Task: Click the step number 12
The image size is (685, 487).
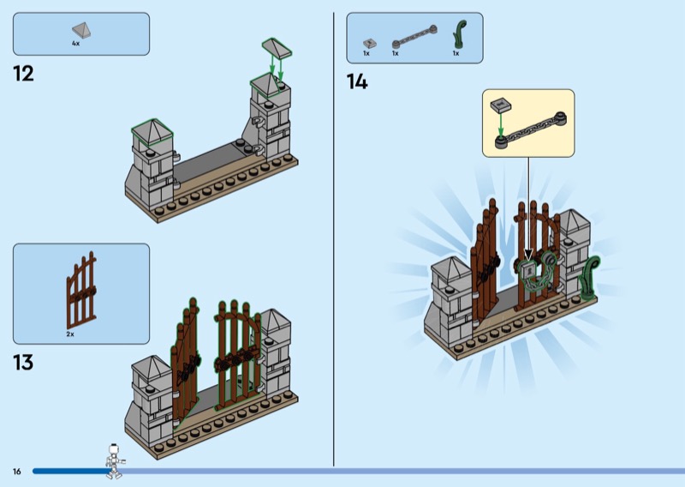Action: click(x=23, y=74)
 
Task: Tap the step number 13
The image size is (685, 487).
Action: click(x=23, y=363)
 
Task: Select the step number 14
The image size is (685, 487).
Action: click(x=357, y=81)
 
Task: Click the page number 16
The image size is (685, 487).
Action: click(x=16, y=472)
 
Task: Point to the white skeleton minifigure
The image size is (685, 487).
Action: click(x=115, y=461)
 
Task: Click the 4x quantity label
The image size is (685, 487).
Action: click(x=75, y=44)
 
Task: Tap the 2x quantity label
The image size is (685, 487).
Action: click(x=70, y=334)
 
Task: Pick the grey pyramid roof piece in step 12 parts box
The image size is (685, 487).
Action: click(x=82, y=31)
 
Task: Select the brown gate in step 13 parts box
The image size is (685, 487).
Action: click(x=81, y=291)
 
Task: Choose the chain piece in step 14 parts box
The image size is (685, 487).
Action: click(x=414, y=36)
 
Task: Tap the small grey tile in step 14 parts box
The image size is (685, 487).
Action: click(x=370, y=44)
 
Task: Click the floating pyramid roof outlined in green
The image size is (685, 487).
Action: click(x=277, y=48)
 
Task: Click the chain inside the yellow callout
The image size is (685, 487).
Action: click(x=530, y=130)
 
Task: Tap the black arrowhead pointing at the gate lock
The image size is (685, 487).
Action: click(x=528, y=255)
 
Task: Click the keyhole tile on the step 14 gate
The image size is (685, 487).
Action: click(x=529, y=272)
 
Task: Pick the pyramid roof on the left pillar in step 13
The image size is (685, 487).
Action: click(x=152, y=367)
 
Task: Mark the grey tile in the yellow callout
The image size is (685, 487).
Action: click(x=501, y=105)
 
